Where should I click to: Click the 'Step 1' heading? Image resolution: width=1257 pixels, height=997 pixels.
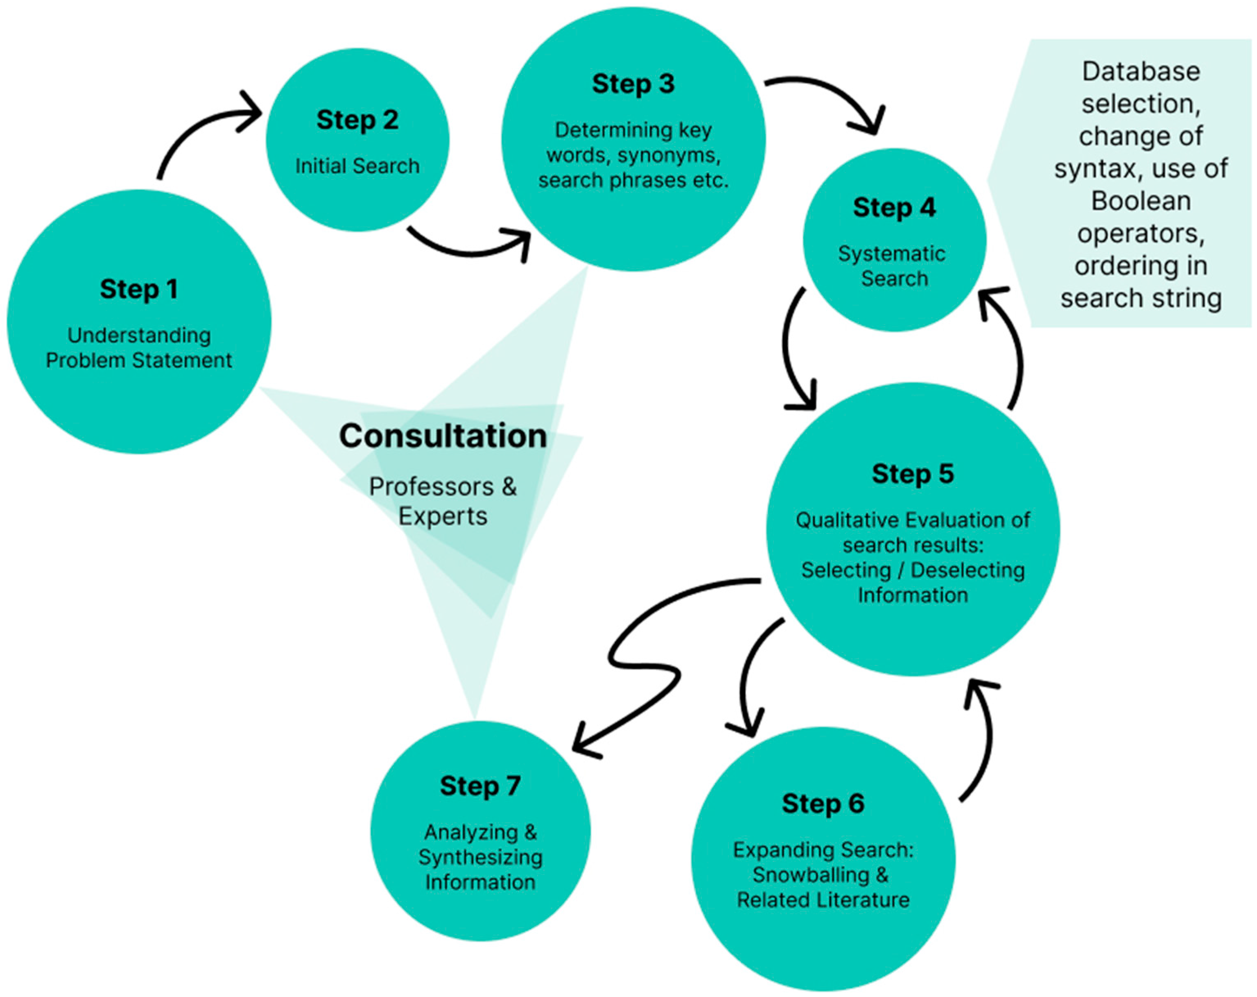coord(139,289)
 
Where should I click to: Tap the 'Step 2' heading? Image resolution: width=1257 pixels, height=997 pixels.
coord(357,120)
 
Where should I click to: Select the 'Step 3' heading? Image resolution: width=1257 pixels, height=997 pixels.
coord(633,84)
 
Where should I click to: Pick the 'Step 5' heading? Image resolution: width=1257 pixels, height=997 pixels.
coord(912,474)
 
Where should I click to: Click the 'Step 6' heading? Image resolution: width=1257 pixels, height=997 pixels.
coord(823,803)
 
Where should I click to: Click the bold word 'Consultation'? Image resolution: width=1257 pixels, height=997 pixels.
coord(443,436)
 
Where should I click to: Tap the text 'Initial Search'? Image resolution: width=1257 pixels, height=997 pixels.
coord(357,166)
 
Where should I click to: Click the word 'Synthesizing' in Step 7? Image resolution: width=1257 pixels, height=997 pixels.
coord(480,857)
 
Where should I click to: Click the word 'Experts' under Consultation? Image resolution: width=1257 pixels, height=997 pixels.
coord(443,517)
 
